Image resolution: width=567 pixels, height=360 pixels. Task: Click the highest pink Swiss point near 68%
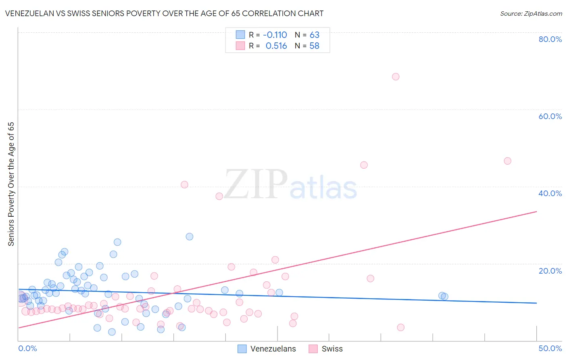tap(396, 77)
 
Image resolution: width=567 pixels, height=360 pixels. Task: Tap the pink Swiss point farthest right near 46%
tap(507, 161)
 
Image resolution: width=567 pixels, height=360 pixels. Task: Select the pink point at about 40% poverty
tap(184, 184)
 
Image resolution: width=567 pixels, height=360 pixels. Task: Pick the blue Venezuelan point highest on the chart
tap(190, 237)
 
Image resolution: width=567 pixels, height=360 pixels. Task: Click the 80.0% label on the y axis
tap(550, 39)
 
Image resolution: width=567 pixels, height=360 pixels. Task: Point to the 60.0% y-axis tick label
tap(550, 116)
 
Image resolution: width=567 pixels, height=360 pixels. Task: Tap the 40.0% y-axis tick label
tap(550, 193)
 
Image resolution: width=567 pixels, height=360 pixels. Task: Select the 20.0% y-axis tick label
tap(550, 270)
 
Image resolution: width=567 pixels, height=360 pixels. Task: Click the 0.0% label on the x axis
tap(27, 348)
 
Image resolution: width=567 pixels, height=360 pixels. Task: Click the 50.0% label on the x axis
tap(550, 348)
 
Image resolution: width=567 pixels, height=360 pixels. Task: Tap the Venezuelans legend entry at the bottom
tap(273, 349)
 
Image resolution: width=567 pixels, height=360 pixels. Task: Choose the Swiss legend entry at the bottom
tap(331, 349)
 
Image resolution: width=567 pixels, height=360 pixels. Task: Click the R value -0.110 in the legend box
tap(275, 35)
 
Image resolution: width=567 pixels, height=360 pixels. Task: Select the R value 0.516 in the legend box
tap(276, 46)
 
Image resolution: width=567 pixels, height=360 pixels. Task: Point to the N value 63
tap(315, 35)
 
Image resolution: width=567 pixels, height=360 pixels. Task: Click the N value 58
tap(315, 46)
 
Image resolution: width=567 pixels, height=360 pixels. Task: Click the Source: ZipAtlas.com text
tap(531, 14)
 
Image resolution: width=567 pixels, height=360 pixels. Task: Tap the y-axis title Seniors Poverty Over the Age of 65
tap(11, 184)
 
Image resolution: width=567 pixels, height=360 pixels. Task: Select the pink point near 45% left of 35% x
tap(364, 165)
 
